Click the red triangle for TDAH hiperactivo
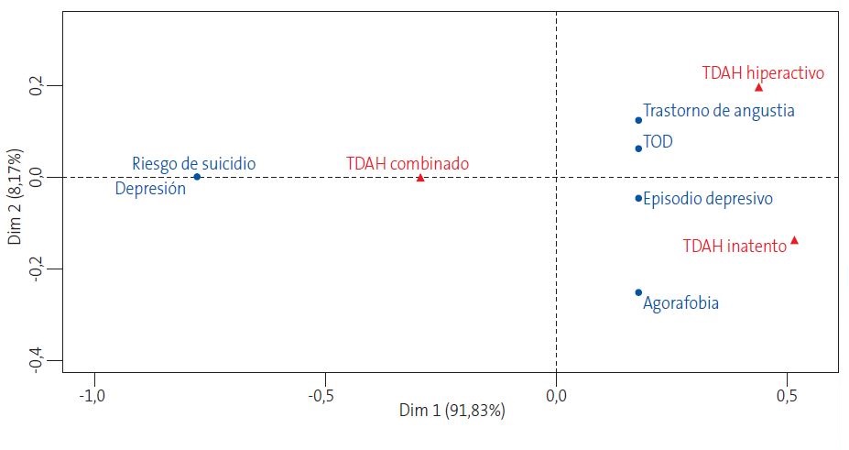758,87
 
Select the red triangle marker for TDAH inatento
794,240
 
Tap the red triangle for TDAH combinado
420,177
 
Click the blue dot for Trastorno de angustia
638,120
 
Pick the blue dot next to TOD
638,148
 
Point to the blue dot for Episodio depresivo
638,198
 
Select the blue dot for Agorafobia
638,292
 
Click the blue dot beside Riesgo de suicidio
197,177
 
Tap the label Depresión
150,189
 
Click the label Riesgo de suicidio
193,163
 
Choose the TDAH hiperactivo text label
764,72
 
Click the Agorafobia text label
680,303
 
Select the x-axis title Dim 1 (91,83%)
452,411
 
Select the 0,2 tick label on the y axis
37,86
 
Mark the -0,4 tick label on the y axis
37,358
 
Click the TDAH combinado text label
408,163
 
